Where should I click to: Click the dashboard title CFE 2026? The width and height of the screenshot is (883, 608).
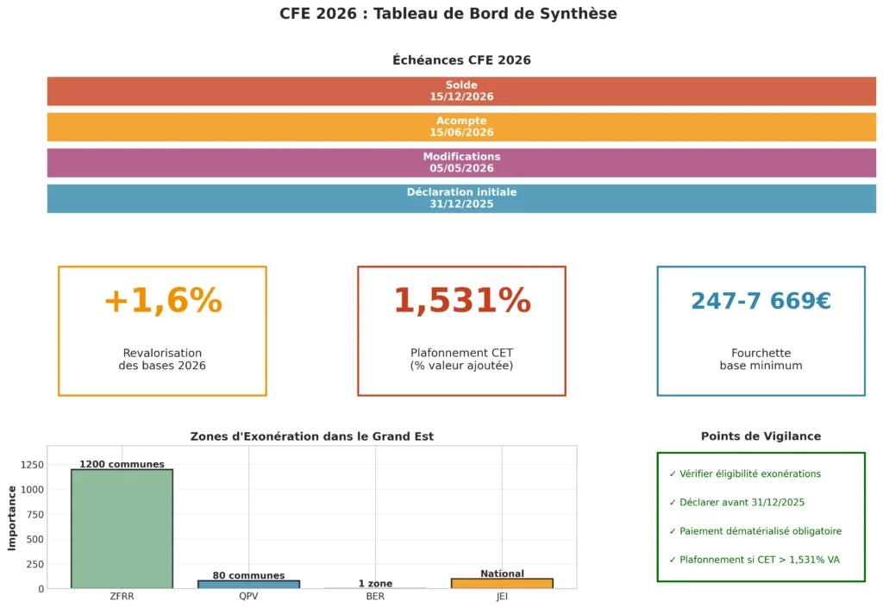[448, 14]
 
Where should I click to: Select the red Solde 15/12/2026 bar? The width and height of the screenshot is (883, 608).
[461, 91]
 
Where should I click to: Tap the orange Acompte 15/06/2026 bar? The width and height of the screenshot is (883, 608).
[461, 127]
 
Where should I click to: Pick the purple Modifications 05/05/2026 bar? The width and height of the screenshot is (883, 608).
[461, 163]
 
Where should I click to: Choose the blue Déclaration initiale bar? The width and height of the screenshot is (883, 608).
[461, 198]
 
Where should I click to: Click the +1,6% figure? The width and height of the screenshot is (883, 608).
[162, 301]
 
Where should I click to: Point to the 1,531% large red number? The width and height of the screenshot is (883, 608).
[461, 301]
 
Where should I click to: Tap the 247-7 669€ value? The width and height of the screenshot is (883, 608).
[761, 301]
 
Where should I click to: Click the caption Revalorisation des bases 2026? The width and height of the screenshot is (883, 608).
[162, 360]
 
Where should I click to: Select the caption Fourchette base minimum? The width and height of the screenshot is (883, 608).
[761, 360]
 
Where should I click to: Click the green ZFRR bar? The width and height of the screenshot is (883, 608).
[122, 530]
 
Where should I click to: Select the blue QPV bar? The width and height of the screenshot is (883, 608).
[248, 585]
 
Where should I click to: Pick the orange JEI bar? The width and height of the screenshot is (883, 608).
[502, 584]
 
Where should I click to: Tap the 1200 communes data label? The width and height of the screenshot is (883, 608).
[122, 464]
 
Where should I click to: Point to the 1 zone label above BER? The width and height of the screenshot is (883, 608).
[375, 584]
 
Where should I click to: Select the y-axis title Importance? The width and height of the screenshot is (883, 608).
[12, 517]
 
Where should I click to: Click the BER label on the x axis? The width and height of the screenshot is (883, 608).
[375, 596]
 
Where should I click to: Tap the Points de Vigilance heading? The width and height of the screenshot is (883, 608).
[761, 436]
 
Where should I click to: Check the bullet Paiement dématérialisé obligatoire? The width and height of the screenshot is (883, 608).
[755, 531]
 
